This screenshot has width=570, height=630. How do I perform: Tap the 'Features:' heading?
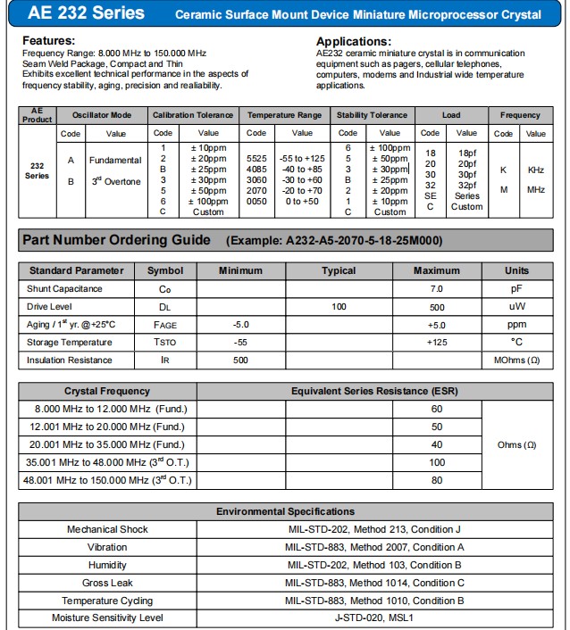pos(49,41)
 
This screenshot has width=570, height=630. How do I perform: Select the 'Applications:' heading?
pos(354,41)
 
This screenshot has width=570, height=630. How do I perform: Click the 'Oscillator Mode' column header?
pos(102,115)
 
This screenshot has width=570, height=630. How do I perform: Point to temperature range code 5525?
pos(256,158)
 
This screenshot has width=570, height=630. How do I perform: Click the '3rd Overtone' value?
pos(116,181)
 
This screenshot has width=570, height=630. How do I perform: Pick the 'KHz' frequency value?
pos(535,170)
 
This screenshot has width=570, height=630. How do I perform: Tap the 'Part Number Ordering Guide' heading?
pos(116,240)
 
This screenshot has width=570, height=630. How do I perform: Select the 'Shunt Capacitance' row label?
pos(64,289)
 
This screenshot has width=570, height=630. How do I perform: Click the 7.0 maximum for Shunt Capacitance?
pos(437,289)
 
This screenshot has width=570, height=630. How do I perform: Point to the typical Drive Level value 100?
pos(339,307)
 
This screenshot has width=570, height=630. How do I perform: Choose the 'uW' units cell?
pos(516,307)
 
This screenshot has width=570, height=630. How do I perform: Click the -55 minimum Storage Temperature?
pos(240,343)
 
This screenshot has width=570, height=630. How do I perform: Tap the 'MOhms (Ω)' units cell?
pos(516,361)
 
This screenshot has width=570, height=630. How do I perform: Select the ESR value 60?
pos(437,409)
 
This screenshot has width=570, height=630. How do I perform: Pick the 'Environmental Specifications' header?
pos(285,511)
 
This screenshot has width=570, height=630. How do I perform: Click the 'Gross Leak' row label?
pos(107,583)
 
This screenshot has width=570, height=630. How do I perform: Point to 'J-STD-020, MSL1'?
pos(374,618)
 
